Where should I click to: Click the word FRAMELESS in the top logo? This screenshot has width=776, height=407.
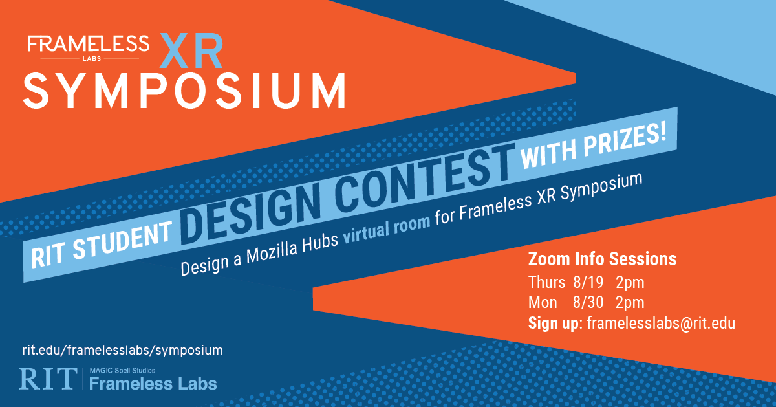point(89,44)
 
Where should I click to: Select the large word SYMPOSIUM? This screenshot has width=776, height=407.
point(184,90)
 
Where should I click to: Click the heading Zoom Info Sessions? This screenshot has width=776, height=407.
point(602,259)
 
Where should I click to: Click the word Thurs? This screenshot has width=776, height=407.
point(546,283)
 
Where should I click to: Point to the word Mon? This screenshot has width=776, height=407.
point(543,303)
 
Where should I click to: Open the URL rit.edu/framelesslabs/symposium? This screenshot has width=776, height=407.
point(122,350)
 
